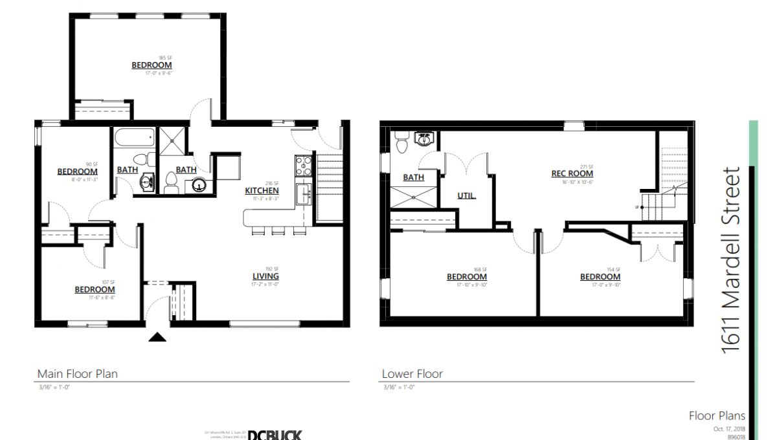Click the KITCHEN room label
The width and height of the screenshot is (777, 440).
[x=262, y=191]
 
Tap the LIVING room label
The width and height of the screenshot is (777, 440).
[x=265, y=276]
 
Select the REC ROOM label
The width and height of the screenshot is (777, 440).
[x=572, y=173]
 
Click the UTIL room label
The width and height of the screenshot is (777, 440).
[x=467, y=195]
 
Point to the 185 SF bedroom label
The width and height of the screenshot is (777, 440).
[x=152, y=65]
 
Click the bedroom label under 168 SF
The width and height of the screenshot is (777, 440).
[x=466, y=277]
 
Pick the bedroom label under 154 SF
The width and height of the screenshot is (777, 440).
[x=600, y=277]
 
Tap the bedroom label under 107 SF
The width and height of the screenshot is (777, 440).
[x=95, y=289]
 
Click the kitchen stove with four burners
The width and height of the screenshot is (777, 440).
[x=303, y=166]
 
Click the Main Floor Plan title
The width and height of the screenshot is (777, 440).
[x=77, y=373]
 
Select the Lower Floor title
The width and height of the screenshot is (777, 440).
[x=412, y=373]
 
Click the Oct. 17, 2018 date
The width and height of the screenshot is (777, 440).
[x=729, y=428]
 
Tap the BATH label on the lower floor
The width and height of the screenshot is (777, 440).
[x=413, y=177]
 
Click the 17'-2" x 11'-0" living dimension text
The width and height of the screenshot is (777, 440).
[x=265, y=284]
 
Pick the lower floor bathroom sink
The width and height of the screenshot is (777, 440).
[x=425, y=138]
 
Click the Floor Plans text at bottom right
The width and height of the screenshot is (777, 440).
[x=717, y=416]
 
